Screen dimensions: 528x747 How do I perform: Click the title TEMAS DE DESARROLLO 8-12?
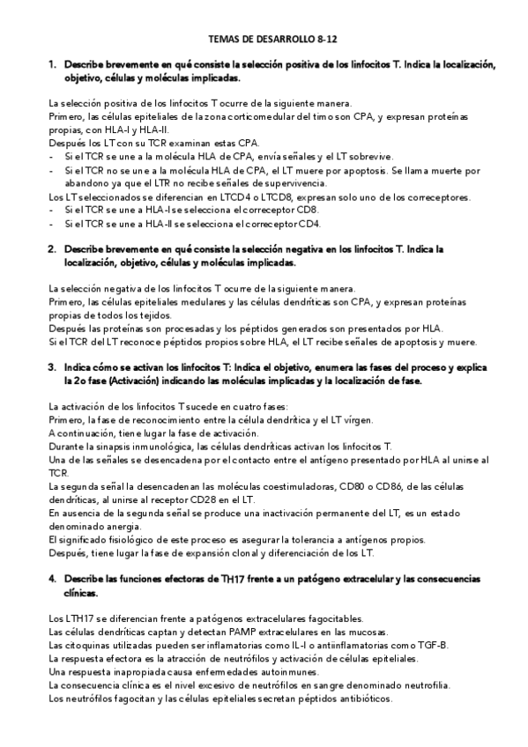click(264, 40)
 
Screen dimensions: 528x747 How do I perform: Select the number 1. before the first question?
click(53, 64)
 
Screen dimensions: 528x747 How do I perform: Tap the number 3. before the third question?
click(53, 367)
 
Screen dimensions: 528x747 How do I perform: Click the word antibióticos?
click(366, 699)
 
